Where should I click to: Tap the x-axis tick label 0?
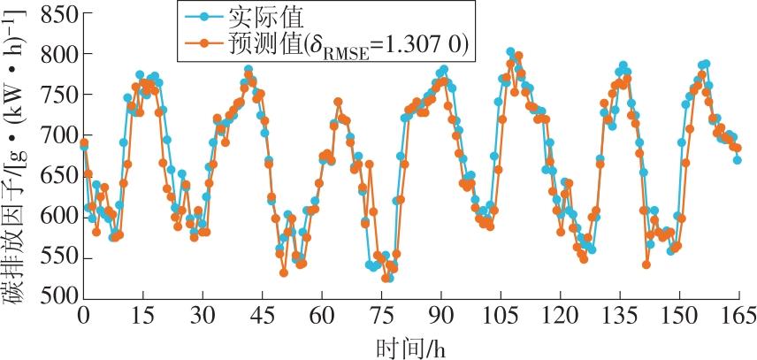click(x=83, y=317)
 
